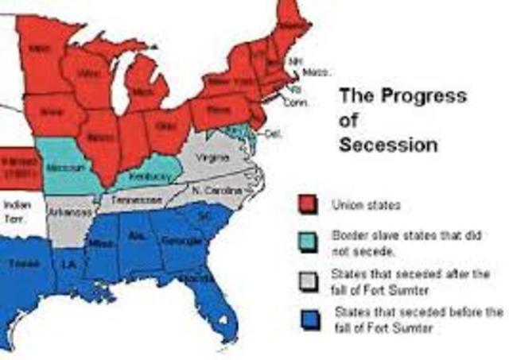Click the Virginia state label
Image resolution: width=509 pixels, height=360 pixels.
[x=212, y=158]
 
